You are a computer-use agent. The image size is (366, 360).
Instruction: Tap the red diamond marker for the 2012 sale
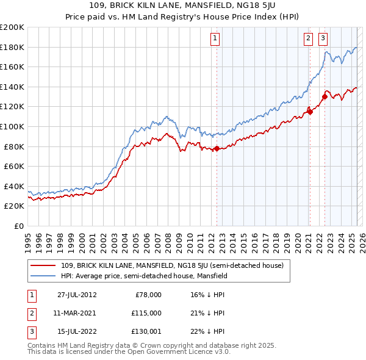(217, 148)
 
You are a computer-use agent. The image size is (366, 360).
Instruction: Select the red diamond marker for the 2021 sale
(310, 111)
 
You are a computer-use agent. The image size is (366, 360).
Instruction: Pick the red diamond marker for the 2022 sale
(325, 96)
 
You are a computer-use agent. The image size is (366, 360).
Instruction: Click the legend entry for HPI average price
(144, 276)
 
